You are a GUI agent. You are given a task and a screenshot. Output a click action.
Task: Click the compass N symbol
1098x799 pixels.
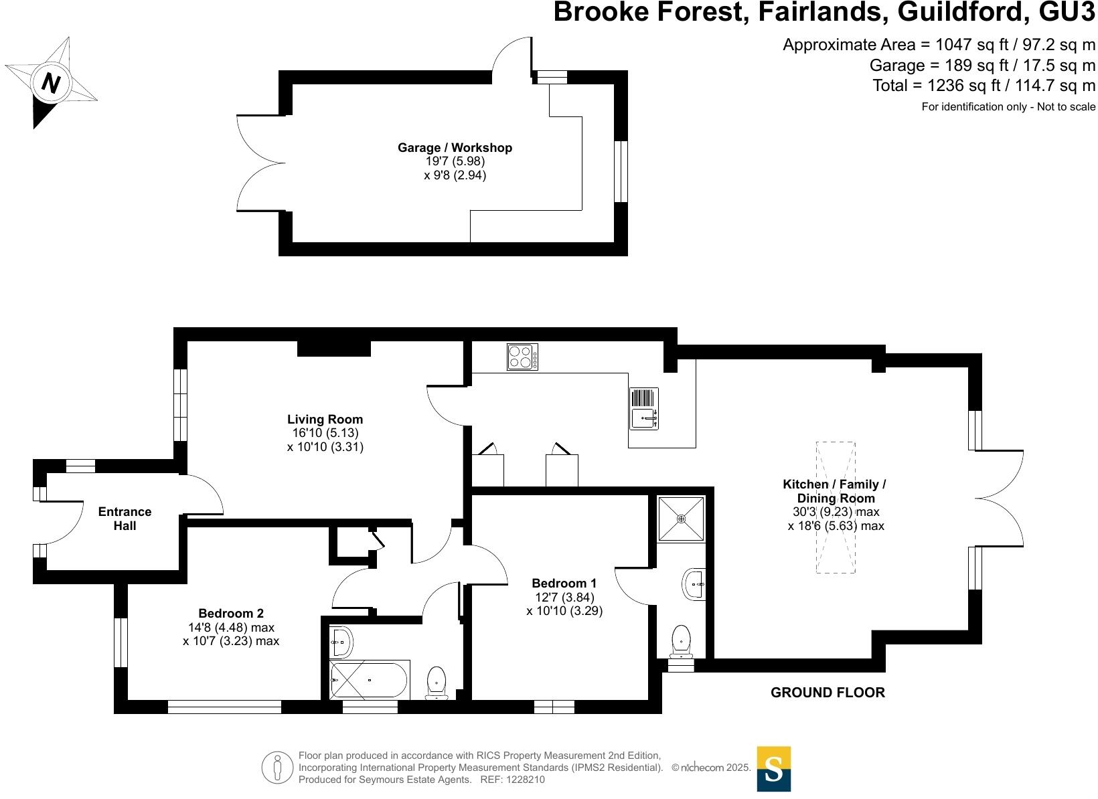tap(51, 83)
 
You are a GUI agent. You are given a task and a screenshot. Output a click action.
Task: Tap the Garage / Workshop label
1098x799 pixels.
tap(455, 148)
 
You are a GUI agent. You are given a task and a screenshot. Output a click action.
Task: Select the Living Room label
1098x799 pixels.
tap(325, 420)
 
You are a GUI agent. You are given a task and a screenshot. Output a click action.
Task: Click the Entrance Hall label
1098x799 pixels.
tap(125, 519)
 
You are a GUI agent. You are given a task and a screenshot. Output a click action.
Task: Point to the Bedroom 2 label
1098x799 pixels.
tap(231, 614)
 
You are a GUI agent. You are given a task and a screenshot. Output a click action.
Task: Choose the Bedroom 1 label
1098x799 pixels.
tap(564, 584)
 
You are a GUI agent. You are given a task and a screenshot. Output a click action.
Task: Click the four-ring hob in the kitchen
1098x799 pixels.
tap(522, 357)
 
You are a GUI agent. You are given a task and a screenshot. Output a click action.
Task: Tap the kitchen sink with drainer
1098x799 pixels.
tap(644, 408)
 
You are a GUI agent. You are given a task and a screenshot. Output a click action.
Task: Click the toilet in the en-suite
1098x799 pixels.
tap(681, 640)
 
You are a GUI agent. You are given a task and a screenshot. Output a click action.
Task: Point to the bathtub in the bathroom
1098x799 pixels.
tap(368, 680)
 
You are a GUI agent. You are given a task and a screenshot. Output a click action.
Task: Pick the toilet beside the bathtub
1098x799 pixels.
tap(437, 683)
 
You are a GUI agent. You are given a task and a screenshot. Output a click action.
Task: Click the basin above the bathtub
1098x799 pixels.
tap(341, 642)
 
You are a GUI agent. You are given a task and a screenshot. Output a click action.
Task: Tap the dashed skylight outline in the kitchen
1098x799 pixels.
tap(836, 507)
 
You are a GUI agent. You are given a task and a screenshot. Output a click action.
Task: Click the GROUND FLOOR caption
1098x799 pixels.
tap(828, 693)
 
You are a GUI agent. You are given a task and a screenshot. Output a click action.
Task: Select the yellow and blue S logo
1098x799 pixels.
tap(773, 769)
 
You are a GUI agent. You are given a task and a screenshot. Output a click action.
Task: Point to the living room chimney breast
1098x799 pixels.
tap(333, 349)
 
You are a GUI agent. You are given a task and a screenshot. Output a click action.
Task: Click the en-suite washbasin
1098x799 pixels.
tap(694, 584)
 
